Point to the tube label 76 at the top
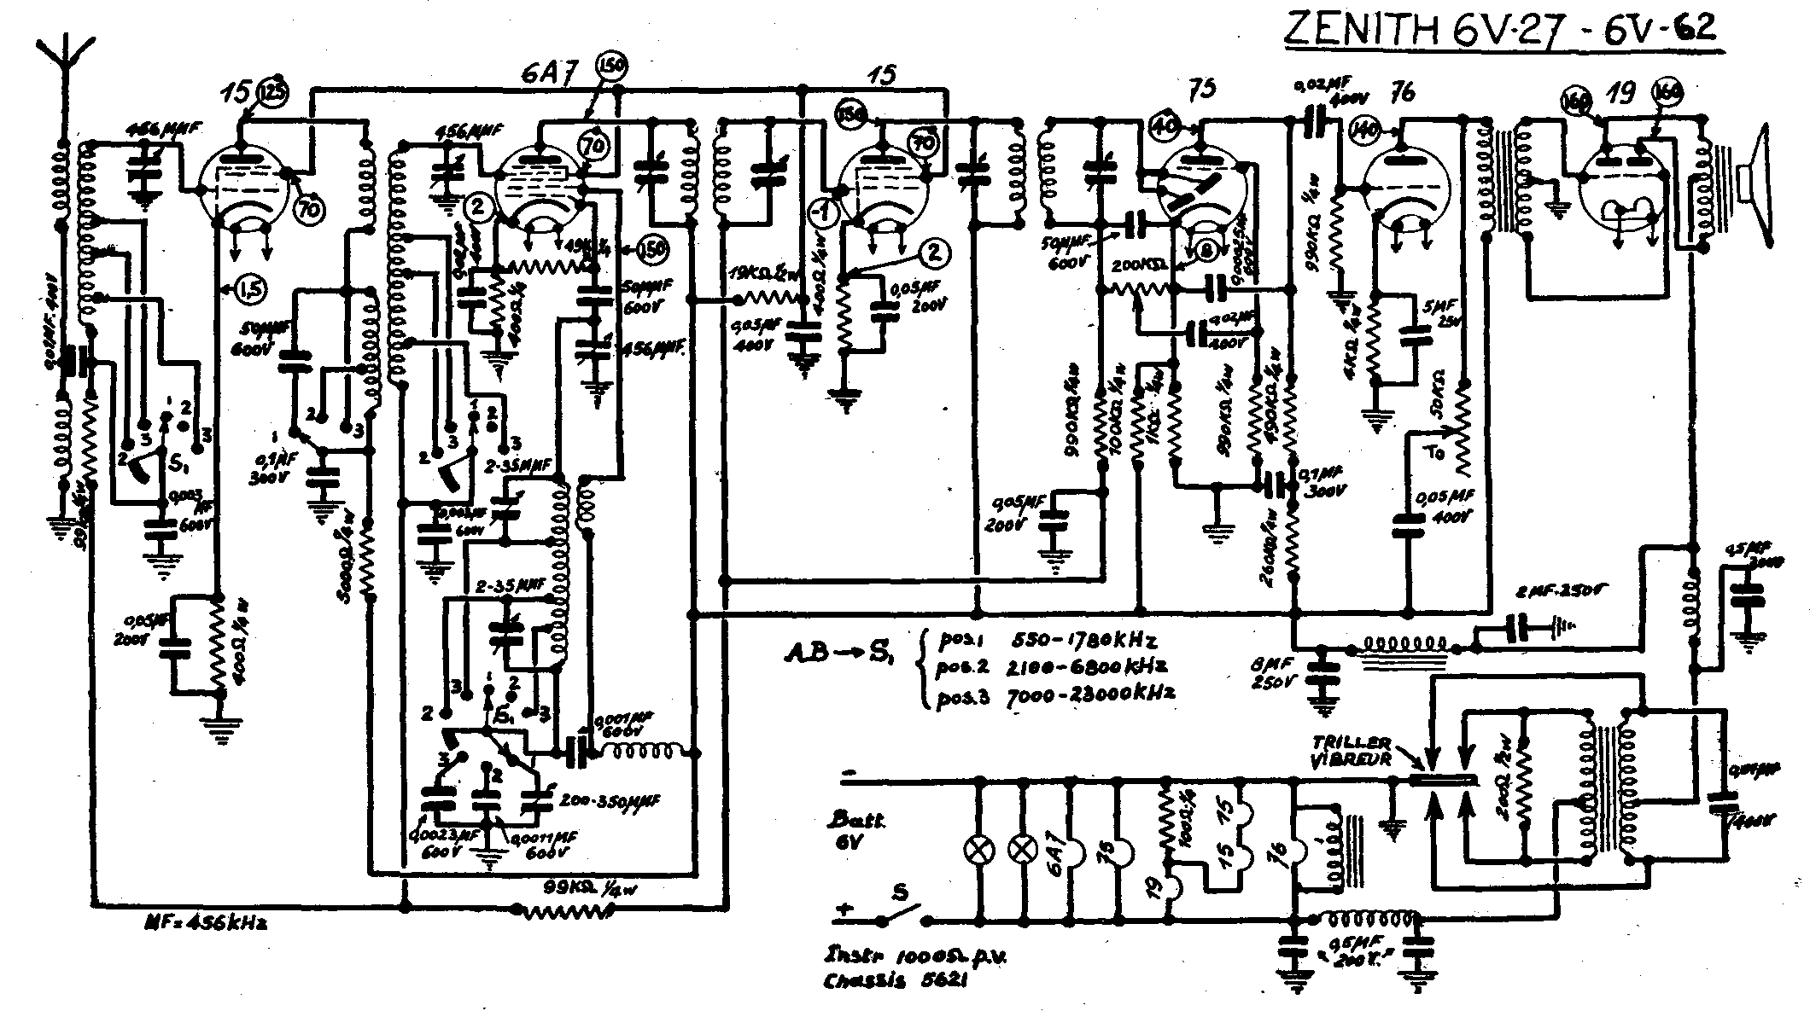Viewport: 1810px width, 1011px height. tap(1402, 91)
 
